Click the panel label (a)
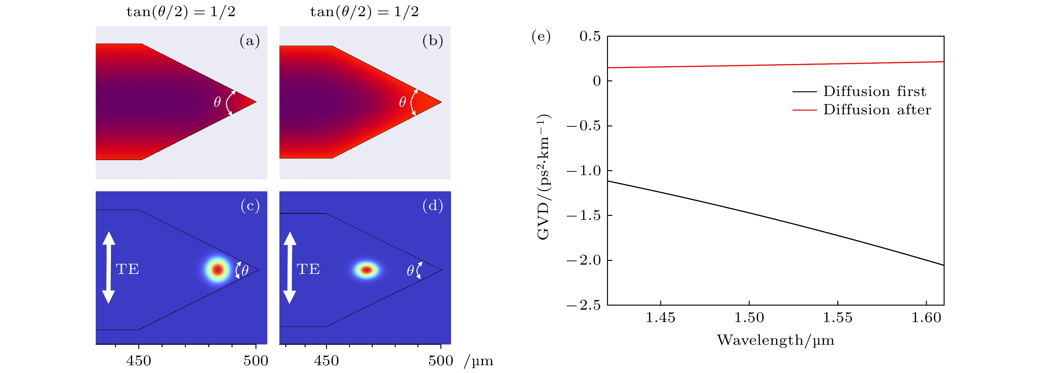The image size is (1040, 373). click(250, 41)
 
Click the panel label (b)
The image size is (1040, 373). click(432, 41)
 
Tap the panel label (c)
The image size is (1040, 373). click(250, 206)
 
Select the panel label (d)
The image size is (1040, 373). click(432, 206)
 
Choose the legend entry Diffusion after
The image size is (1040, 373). click(877, 110)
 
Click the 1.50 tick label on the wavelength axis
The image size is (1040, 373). click(749, 318)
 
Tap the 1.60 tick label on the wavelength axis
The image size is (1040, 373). click(926, 318)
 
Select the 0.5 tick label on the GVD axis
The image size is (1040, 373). click(590, 36)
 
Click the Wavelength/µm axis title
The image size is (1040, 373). click(775, 340)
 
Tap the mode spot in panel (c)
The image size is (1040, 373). click(218, 269)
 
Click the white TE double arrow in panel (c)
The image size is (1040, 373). click(108, 267)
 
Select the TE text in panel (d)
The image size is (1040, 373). click(308, 269)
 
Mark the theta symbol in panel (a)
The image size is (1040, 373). click(217, 102)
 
